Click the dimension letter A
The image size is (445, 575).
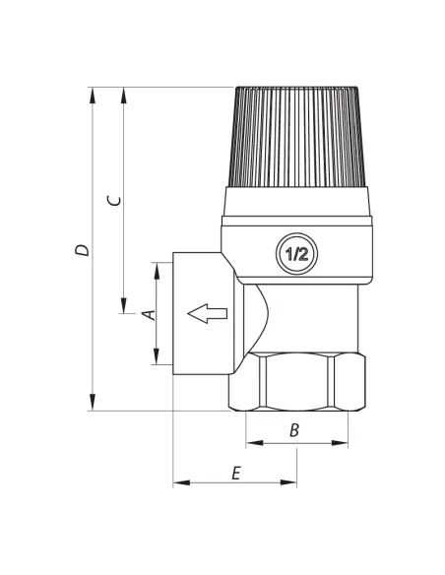[x=149, y=315]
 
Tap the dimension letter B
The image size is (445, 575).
[x=294, y=430]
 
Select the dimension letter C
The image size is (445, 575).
[x=113, y=201]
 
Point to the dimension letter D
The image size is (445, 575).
[x=82, y=250]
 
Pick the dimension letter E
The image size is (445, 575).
[x=236, y=473]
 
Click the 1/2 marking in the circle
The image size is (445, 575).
[x=297, y=253]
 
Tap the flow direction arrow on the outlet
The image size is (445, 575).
[x=208, y=313]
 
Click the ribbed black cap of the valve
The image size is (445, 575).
[x=297, y=137]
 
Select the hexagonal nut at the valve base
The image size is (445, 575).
[x=297, y=381]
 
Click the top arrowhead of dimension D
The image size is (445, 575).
[x=93, y=96]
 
